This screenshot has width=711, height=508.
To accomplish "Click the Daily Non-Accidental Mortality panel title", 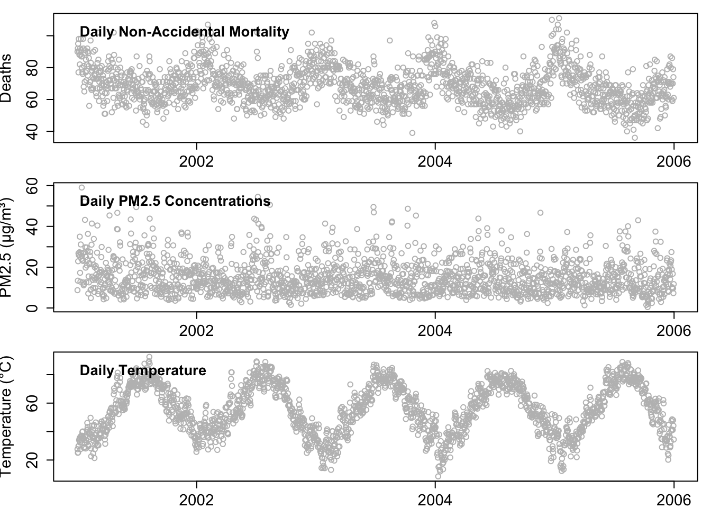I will point(184,32).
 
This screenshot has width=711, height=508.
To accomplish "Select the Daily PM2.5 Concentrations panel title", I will point(175,201).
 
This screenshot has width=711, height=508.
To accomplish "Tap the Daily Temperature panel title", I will point(143,370).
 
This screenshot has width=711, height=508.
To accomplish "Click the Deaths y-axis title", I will point(7,78).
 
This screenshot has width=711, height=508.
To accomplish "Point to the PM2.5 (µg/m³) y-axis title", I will point(7,248).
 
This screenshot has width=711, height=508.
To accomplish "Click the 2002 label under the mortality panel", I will point(197,161).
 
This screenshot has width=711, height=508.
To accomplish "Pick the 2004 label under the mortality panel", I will point(435,161).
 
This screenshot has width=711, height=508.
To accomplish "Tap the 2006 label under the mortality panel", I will point(673,161).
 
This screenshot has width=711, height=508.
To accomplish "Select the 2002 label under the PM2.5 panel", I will point(197,331).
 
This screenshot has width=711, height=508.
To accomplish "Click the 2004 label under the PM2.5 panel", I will point(435,331).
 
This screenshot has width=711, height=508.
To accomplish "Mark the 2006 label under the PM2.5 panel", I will point(673,331).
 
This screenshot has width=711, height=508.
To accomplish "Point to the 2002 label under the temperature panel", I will point(197,500).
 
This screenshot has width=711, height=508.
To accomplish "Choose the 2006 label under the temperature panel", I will point(673,500).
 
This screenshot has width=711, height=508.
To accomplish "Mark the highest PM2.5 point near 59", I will point(81,187).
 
